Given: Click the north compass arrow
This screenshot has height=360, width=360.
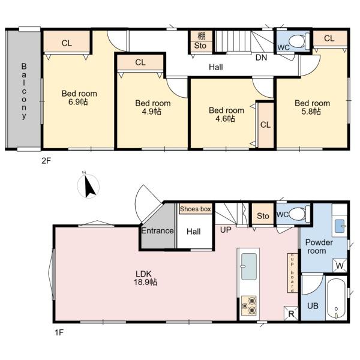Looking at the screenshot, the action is click(90, 187).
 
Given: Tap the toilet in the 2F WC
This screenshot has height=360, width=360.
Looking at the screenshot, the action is click(299, 41).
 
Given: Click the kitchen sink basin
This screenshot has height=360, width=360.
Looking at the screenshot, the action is click(248, 266).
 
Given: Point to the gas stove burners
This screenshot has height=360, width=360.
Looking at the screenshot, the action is click(248, 305).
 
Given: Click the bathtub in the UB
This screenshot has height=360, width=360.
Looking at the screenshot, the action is click(336, 299).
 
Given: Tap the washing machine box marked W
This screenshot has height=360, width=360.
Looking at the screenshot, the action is click(340, 265).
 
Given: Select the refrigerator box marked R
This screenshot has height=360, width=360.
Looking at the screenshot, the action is click(291, 313).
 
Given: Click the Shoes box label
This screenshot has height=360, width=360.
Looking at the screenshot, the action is click(196, 209).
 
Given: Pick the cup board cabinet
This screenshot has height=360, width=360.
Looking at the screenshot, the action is click(292, 273).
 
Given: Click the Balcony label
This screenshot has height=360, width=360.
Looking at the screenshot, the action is click(24, 91).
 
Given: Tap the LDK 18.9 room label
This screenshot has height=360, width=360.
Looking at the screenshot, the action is click(146, 278).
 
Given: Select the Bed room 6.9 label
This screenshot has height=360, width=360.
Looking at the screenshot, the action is click(79, 98).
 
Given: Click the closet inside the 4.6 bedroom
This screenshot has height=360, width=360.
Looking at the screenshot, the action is click(266, 125).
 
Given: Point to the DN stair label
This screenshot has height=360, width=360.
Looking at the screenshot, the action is click(261, 58).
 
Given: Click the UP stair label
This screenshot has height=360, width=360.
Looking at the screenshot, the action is click(226, 230).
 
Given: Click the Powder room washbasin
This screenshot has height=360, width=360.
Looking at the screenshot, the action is click(340, 226).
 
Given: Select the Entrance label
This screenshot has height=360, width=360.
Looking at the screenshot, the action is click(157, 230).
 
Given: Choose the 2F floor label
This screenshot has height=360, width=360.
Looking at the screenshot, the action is click(46, 161).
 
